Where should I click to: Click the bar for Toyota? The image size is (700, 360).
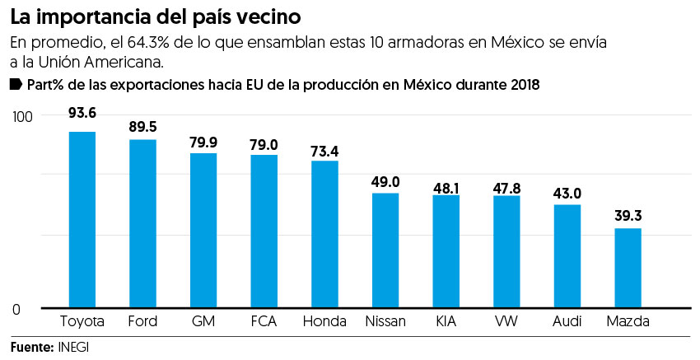(x=82, y=220)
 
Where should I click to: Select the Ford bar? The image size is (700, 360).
(x=142, y=224)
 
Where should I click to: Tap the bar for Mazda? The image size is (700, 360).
(x=628, y=268)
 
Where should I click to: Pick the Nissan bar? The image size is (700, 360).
(x=385, y=250)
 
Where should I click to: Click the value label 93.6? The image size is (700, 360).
(x=82, y=114)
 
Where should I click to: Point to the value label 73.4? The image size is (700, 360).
(x=324, y=152)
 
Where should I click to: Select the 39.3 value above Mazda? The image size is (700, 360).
(x=628, y=216)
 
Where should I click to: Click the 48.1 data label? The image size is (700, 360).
(x=446, y=188)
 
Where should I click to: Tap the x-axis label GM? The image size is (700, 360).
(x=203, y=321)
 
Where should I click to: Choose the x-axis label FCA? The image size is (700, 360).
(x=264, y=321)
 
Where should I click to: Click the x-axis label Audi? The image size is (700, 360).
(x=567, y=321)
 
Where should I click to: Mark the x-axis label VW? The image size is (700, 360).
(x=506, y=321)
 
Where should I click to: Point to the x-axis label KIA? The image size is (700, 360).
(x=446, y=321)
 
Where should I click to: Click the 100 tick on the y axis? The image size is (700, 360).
(x=21, y=116)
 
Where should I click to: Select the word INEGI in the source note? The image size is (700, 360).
(x=73, y=347)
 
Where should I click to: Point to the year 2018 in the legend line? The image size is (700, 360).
(x=523, y=85)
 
